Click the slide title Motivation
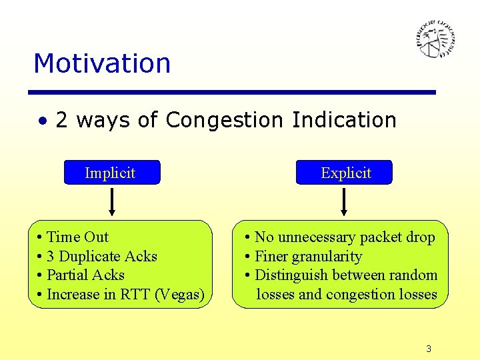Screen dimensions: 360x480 pos(102,63)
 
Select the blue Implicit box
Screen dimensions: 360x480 pos(111,173)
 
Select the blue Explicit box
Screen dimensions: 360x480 pos(345,173)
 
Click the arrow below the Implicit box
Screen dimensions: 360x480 pos(111,202)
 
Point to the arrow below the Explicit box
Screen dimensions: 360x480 pos(345,202)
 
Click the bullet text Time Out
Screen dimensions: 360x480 pos(77,237)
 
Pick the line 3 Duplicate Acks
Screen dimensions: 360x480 pos(102,257)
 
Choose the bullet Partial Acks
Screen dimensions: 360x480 pos(85,275)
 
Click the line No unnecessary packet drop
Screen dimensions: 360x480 pos(345,237)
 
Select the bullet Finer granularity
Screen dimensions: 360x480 pos(308,257)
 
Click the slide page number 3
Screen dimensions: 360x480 pos(429,349)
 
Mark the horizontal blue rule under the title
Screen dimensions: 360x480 pos(233,92)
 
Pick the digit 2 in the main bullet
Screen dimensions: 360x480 pos(62,120)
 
